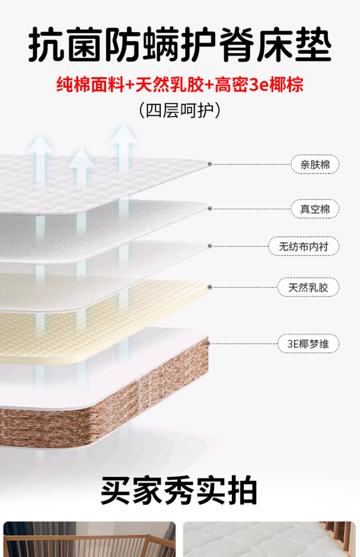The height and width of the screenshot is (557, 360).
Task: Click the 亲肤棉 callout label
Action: tap(315, 164)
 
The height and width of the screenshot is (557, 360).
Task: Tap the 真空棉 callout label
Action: tap(315, 209)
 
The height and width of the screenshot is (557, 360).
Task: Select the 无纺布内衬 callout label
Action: tap(303, 246)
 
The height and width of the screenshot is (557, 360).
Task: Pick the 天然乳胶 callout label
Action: tap(308, 287)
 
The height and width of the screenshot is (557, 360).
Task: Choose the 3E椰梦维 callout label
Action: tap(308, 344)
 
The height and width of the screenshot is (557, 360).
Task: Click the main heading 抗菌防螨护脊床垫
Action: tap(180, 45)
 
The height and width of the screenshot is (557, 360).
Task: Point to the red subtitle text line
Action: tap(180, 85)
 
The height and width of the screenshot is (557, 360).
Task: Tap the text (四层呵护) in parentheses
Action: tap(180, 110)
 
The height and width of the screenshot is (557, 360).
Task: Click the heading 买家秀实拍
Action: tap(179, 490)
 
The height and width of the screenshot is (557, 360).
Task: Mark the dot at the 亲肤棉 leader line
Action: tap(210, 164)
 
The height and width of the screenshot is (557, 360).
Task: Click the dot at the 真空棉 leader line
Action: tap(210, 209)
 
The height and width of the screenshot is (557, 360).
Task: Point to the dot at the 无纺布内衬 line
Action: tap(210, 246)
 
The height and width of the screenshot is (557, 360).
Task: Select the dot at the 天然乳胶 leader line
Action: tap(210, 287)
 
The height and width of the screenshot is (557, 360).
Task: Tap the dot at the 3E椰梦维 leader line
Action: tap(209, 344)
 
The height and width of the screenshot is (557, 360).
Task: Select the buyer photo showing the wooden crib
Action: tap(89, 539)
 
